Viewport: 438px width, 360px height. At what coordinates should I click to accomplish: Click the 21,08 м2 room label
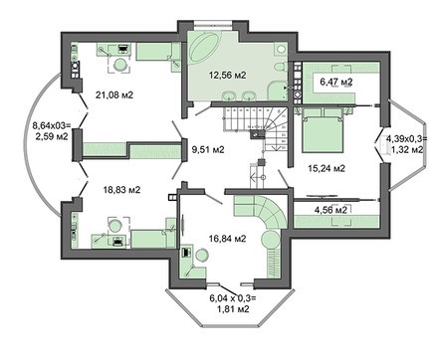pyautogui.click(x=114, y=94)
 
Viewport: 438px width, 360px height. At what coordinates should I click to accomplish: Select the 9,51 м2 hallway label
pyautogui.click(x=207, y=150)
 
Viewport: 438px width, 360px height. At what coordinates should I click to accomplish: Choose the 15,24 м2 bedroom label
pyautogui.click(x=325, y=168)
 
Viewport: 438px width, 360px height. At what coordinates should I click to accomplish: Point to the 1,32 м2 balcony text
pyautogui.click(x=405, y=148)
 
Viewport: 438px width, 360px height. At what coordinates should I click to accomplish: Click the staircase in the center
pyautogui.click(x=249, y=123)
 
